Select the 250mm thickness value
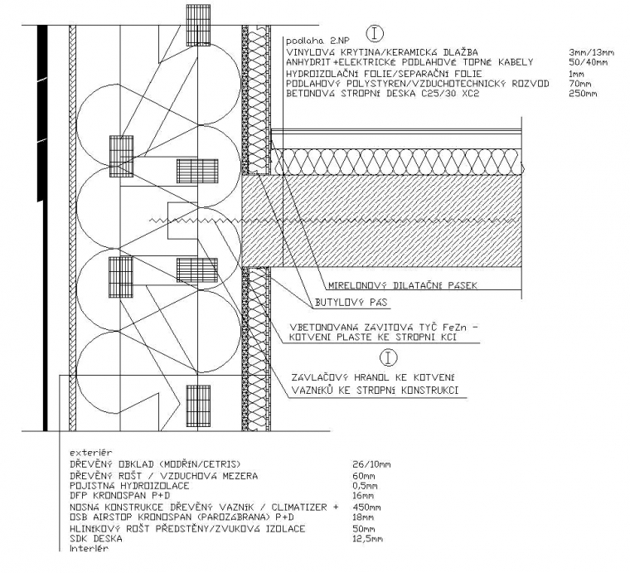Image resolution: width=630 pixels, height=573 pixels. click(582, 94)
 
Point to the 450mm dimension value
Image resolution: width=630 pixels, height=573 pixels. click(367, 507)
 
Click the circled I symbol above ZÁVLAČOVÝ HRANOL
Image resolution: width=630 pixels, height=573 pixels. click(387, 357)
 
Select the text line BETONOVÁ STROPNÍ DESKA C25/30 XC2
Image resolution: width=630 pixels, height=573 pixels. click(382, 94)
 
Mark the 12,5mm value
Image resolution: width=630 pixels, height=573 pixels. click(368, 538)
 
